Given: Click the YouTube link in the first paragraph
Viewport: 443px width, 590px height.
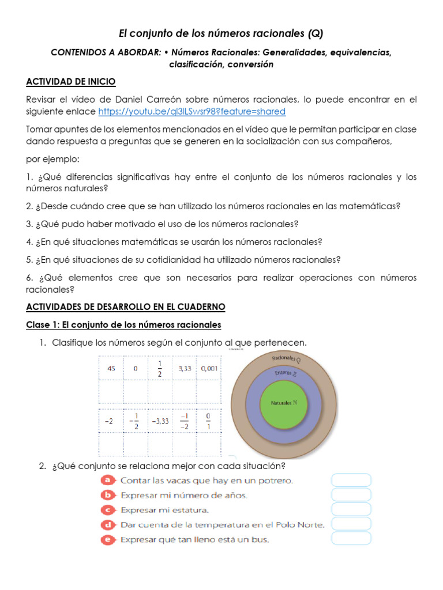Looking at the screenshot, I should click(192, 111).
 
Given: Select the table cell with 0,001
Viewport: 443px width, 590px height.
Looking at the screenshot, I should click(209, 369).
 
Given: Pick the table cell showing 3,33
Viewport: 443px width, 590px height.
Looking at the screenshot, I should click(185, 369).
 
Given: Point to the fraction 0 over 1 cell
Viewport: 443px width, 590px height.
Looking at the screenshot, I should click(209, 421).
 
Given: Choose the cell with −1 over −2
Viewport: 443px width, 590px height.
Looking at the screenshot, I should click(184, 421).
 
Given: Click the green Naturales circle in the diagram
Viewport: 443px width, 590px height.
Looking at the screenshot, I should click(284, 403).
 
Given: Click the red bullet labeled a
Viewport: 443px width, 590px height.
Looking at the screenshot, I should click(107, 480).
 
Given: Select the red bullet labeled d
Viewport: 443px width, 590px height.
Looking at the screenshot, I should click(107, 525).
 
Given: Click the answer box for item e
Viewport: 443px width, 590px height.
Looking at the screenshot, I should click(351, 539).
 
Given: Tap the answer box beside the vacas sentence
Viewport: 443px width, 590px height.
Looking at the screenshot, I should click(351, 480).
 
